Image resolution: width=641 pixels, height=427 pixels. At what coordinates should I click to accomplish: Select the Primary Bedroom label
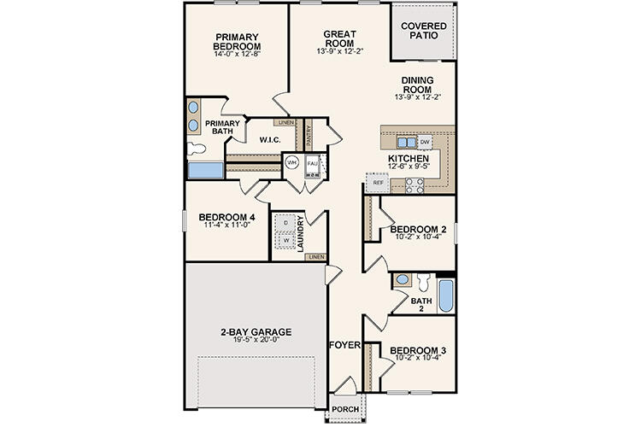(x=238, y=42)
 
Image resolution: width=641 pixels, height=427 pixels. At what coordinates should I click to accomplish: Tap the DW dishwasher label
(x=425, y=141)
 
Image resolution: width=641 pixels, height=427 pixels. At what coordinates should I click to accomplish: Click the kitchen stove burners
(x=415, y=183)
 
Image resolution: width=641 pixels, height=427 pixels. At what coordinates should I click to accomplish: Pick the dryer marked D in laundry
(x=284, y=222)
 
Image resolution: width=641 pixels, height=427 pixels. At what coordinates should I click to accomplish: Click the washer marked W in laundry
(x=284, y=240)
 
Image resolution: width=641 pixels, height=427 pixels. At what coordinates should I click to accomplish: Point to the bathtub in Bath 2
(x=445, y=296)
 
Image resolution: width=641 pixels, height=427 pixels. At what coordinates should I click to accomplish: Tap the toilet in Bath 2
(x=403, y=279)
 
